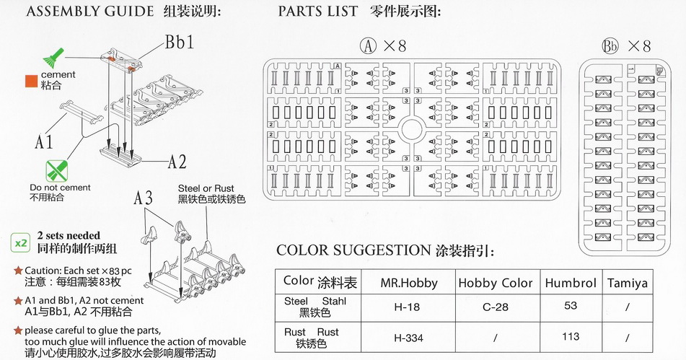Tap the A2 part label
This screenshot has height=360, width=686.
pos(177,162)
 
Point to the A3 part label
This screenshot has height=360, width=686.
pos(143,199)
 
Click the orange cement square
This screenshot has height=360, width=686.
pos(31,80)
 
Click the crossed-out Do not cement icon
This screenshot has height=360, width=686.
pos(56,170)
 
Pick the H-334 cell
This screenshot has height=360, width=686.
pos(408,337)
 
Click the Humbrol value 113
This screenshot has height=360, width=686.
pos(570,335)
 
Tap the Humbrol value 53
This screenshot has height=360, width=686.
pos(570,305)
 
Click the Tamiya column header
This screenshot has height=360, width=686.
pos(627,283)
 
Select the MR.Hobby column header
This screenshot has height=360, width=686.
pos(408,283)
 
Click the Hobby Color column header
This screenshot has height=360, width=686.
pos(495,283)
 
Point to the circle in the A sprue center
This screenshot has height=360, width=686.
pos(412,131)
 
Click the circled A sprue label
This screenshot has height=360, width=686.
pos(369,46)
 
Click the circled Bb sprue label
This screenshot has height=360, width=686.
pos(610,46)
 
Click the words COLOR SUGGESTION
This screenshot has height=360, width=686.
pos(353,250)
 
